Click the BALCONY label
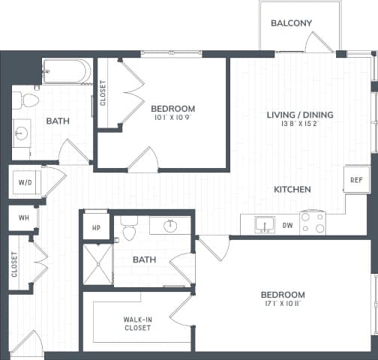tap(291, 23)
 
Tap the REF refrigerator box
tap(356, 180)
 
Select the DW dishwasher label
tap(287, 224)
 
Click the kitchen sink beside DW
tap(263, 224)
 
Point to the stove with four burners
tap(313, 223)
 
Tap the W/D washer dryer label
tap(24, 181)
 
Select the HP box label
tap(96, 228)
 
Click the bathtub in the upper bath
tap(66, 72)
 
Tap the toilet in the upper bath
tap(28, 99)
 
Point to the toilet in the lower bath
tap(129, 229)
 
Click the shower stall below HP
tap(97, 267)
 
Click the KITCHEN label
tap(292, 190)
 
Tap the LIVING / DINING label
tap(300, 115)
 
